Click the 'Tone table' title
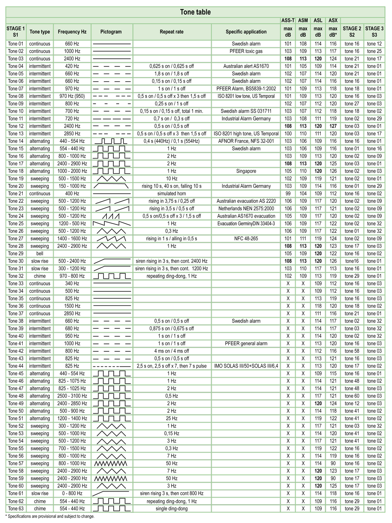(x=195, y=12)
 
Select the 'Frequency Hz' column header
(x=72, y=32)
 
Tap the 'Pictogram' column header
(x=111, y=32)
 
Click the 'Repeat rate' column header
(x=172, y=32)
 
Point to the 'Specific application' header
(x=246, y=32)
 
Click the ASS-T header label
(x=288, y=20)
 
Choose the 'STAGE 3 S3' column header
(x=374, y=31)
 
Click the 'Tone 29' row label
(x=16, y=253)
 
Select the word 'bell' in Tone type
(x=40, y=253)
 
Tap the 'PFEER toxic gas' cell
(x=246, y=51)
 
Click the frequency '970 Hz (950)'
(x=72, y=96)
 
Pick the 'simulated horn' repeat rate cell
(x=172, y=193)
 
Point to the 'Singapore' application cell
(x=246, y=171)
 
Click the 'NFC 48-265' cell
(x=246, y=238)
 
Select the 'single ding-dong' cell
(x=172, y=509)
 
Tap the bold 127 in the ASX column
(x=333, y=126)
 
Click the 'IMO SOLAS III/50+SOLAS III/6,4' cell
(x=246, y=366)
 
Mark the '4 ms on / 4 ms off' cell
(x=172, y=351)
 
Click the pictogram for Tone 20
(x=111, y=186)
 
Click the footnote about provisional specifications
(x=50, y=516)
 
